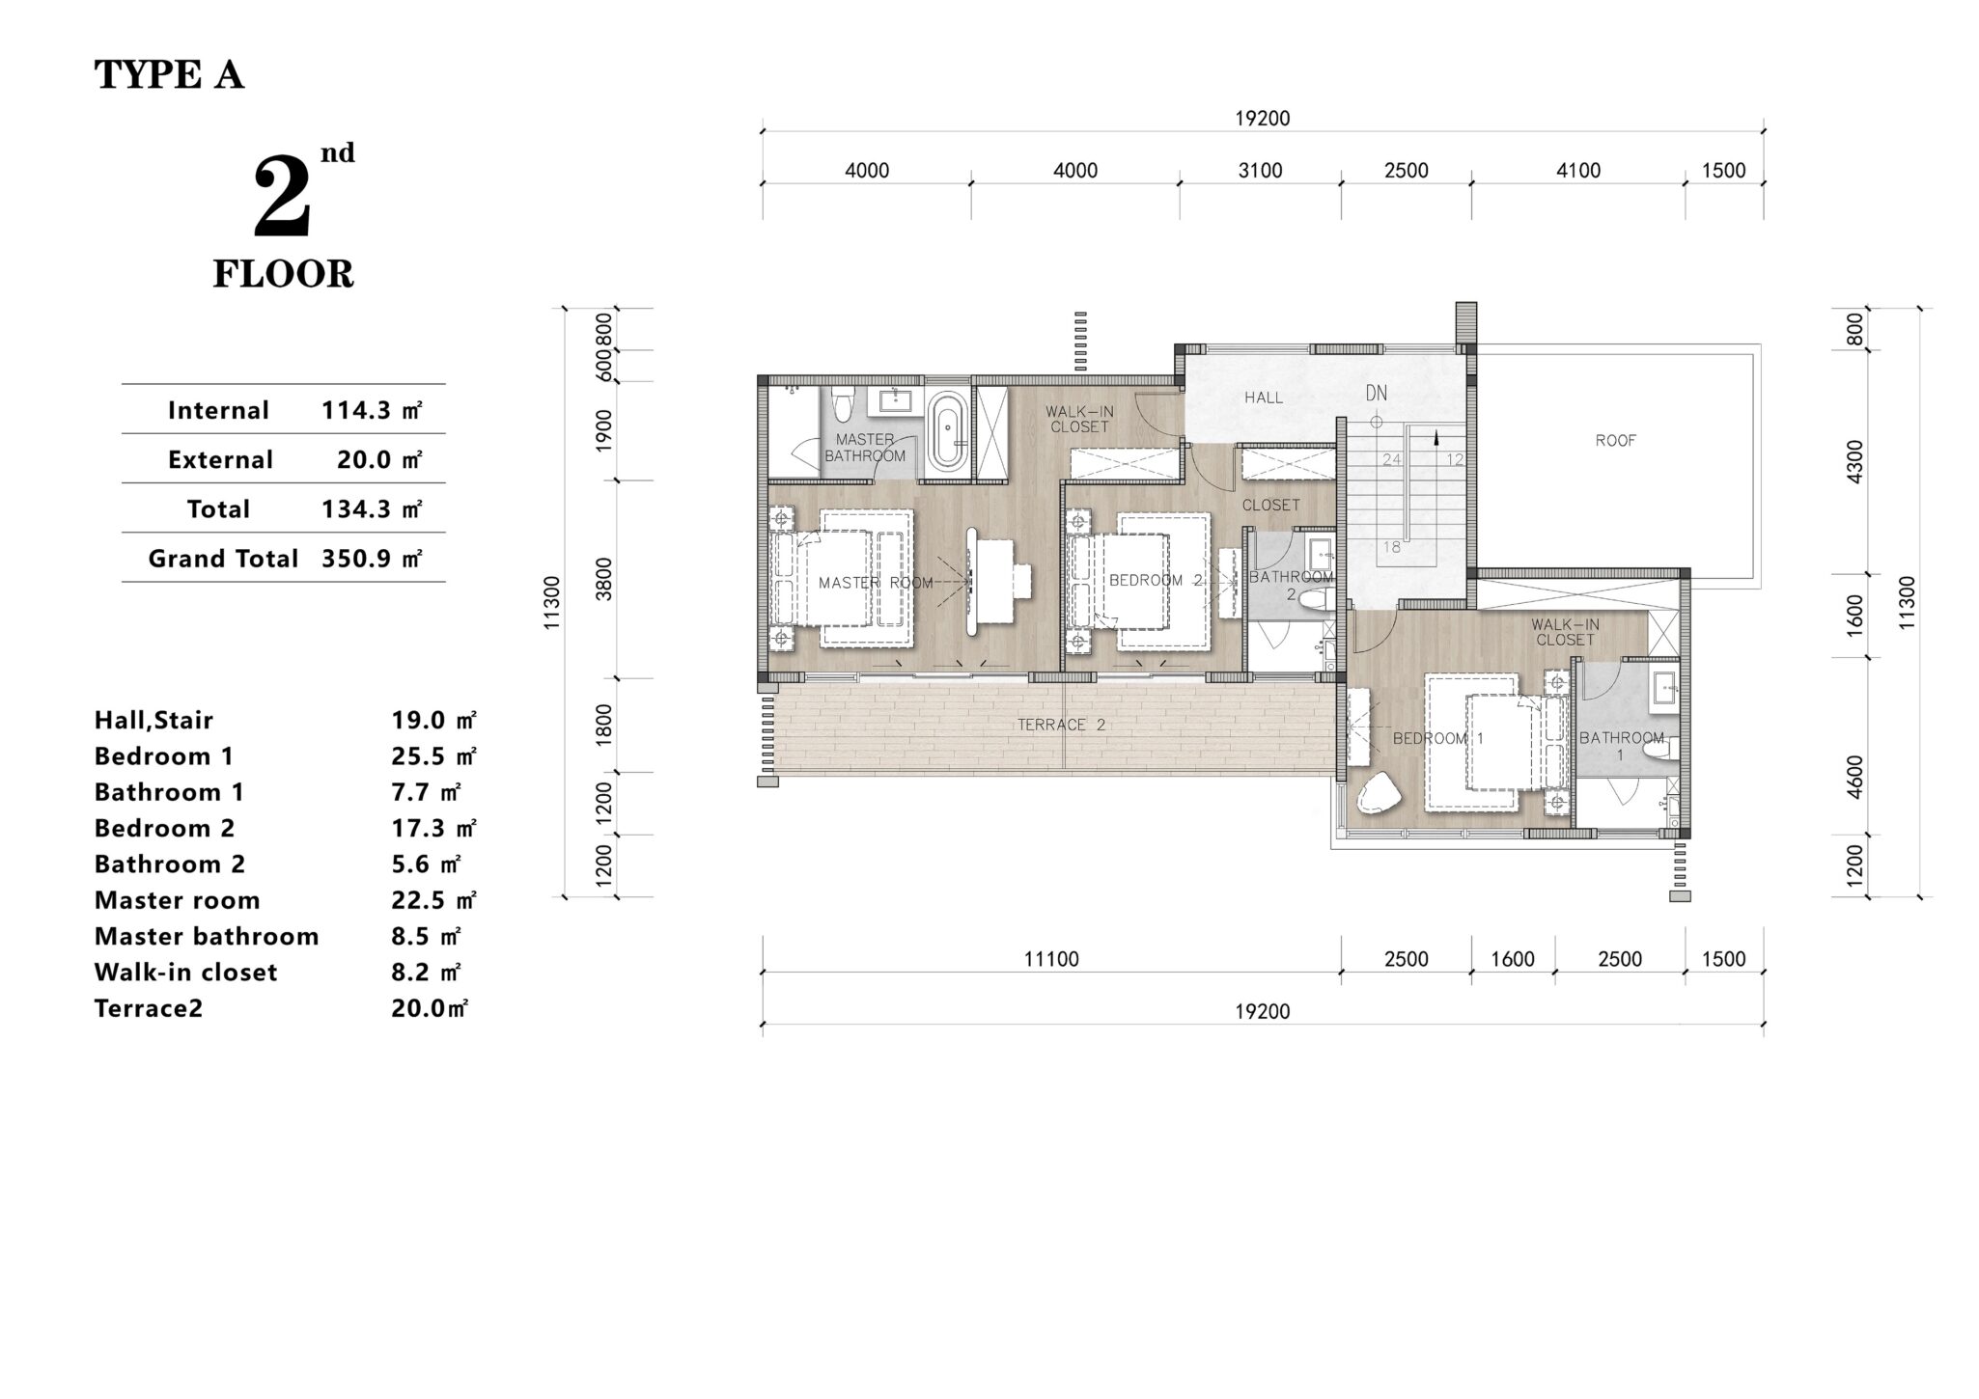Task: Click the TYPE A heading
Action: [169, 75]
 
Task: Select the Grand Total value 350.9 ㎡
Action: [372, 559]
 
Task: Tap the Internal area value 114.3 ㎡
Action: [372, 411]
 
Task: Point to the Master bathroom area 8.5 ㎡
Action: [426, 937]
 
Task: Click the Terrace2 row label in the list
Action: [149, 1008]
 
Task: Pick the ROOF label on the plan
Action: [1615, 441]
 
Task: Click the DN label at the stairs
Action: [1376, 393]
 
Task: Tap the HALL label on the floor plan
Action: [1264, 398]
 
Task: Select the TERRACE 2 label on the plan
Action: [1061, 725]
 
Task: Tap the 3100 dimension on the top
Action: [1260, 171]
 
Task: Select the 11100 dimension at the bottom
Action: [1051, 959]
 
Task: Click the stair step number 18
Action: [1391, 547]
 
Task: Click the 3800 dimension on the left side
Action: [604, 579]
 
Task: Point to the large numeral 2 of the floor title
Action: [282, 198]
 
